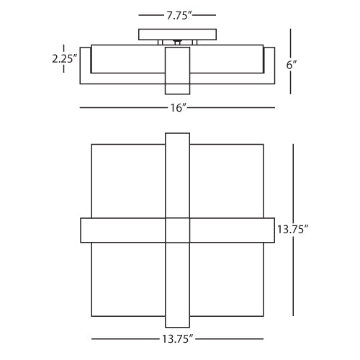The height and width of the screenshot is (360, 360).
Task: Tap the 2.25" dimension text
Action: pos(66,60)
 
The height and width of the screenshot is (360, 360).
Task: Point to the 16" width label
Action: pos(177,108)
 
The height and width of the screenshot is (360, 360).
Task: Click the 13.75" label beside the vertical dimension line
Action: pos(292,230)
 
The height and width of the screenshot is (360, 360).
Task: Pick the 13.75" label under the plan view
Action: pos(177,338)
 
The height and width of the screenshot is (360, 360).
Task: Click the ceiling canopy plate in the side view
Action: pos(177,34)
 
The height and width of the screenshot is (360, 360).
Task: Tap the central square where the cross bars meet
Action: pos(178,230)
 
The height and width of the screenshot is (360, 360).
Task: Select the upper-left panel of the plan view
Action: pos(128,180)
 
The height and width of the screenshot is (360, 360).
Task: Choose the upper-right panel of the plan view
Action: pos(227,180)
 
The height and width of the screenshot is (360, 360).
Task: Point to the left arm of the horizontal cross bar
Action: pos(122,230)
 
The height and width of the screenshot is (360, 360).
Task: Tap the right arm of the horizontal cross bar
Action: pos(233,230)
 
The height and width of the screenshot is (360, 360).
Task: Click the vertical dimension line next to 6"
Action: pos(291,43)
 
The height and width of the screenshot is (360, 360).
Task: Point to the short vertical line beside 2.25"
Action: pos(64,48)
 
